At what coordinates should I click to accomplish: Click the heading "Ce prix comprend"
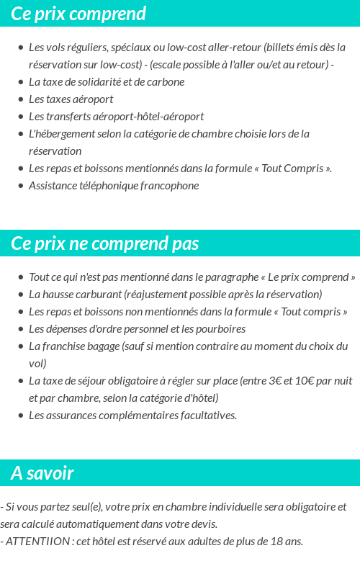[78, 14]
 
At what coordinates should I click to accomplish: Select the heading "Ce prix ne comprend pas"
[105, 243]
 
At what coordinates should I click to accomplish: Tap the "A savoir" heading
[42, 473]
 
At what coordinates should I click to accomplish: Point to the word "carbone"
[166, 82]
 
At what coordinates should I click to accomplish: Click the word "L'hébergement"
[60, 134]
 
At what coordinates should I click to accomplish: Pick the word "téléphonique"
[109, 186]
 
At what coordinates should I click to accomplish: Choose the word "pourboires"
[219, 329]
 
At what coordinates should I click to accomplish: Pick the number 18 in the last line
[278, 542]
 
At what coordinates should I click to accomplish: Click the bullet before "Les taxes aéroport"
[20, 99]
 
